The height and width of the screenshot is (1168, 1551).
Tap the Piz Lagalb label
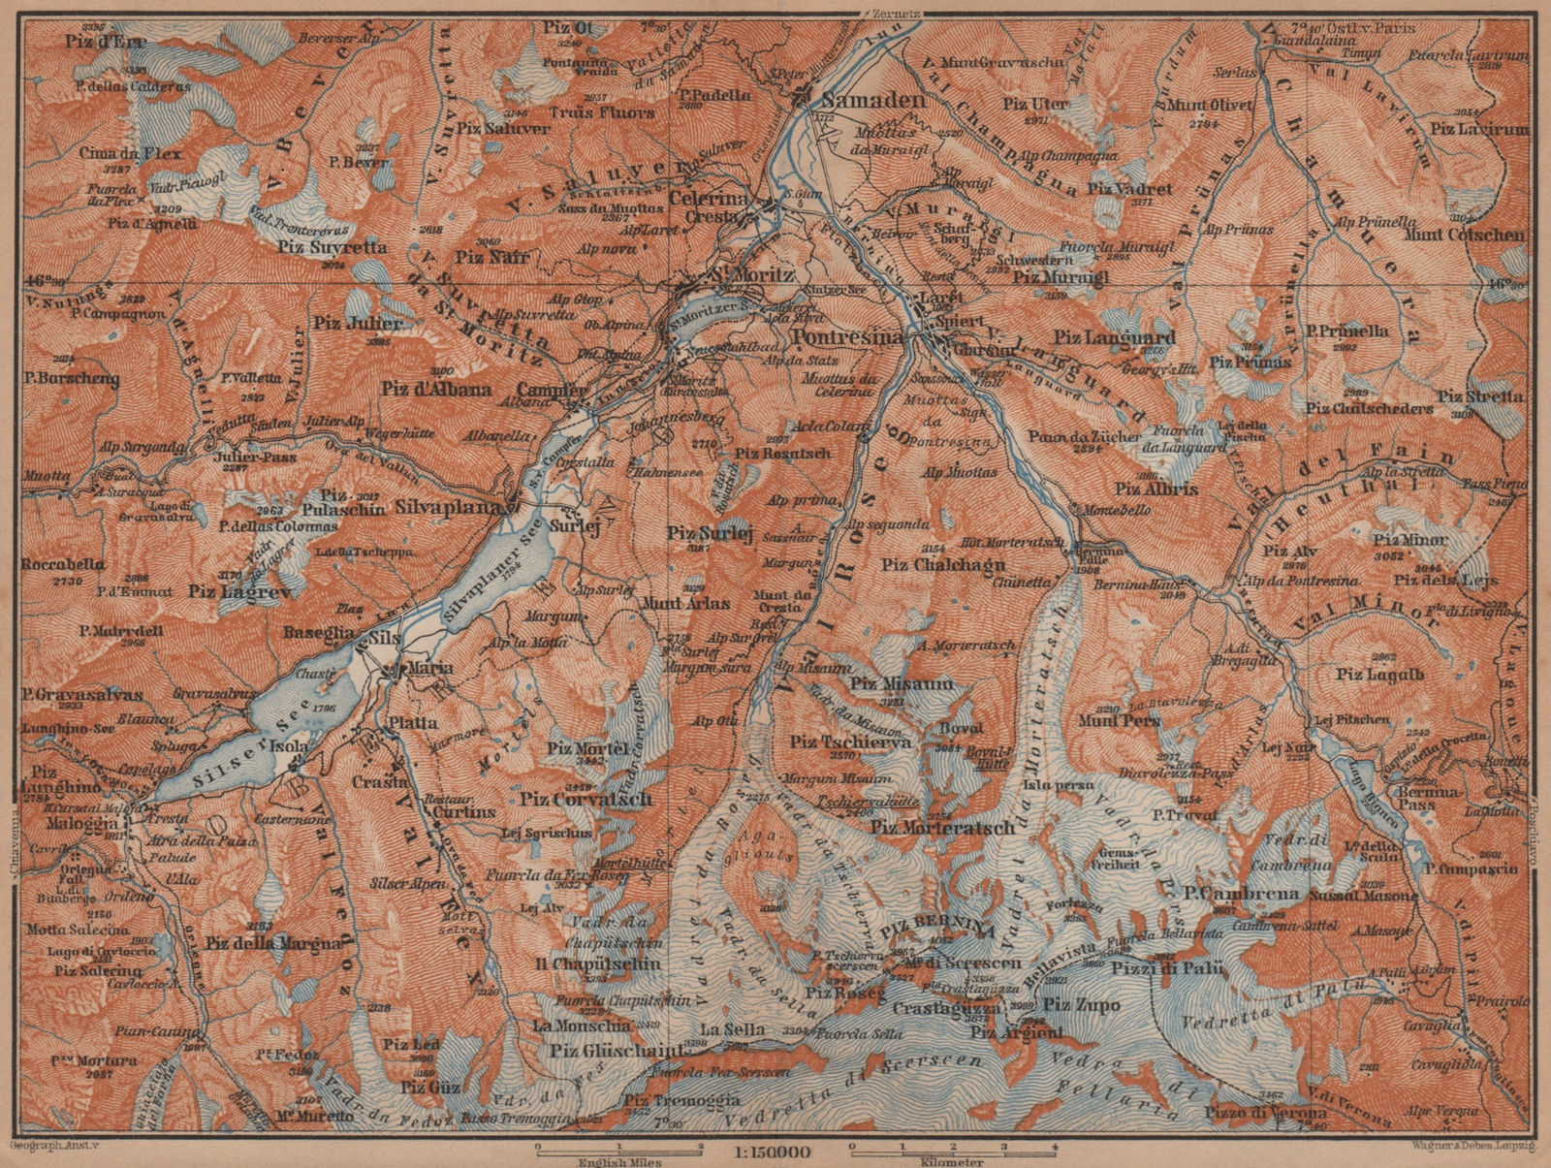[x=1380, y=675]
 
